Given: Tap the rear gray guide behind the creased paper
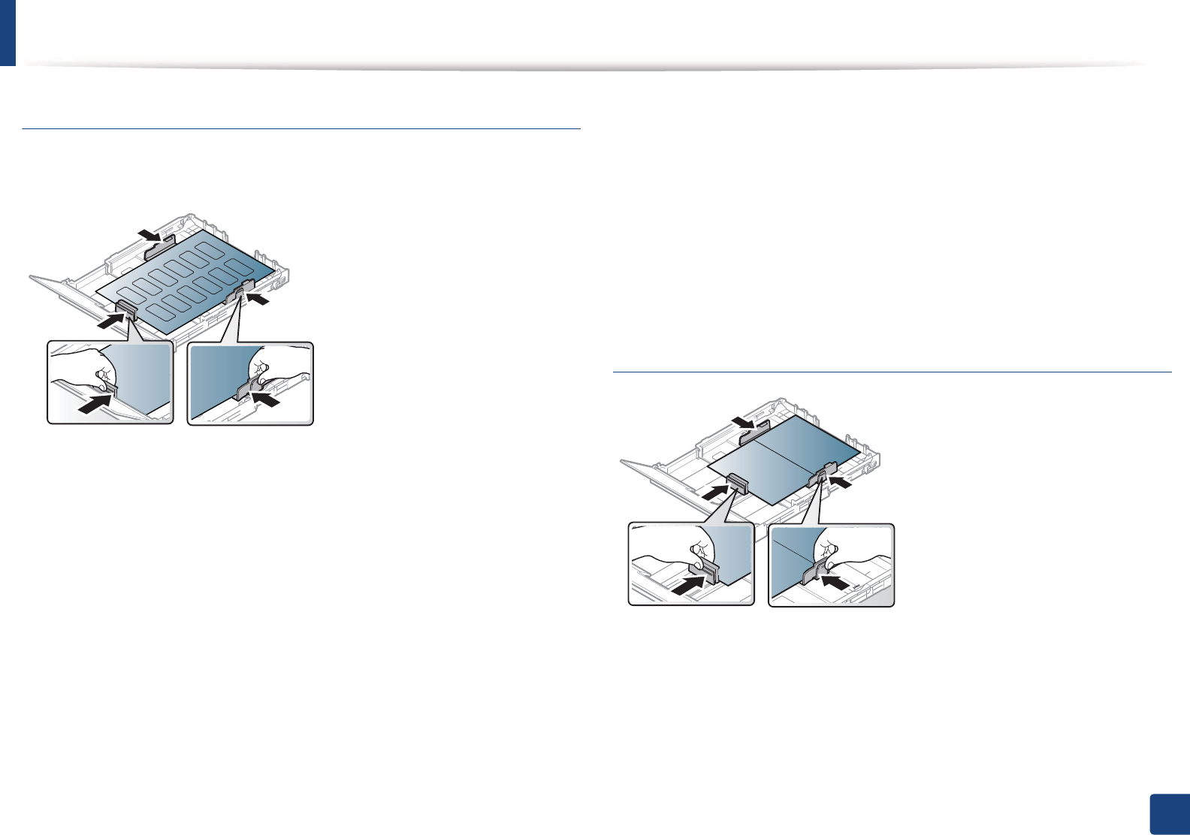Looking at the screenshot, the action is tap(754, 430).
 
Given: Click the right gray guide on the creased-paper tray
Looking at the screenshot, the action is tap(823, 472).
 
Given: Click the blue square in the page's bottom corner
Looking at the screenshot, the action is tap(1169, 815).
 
